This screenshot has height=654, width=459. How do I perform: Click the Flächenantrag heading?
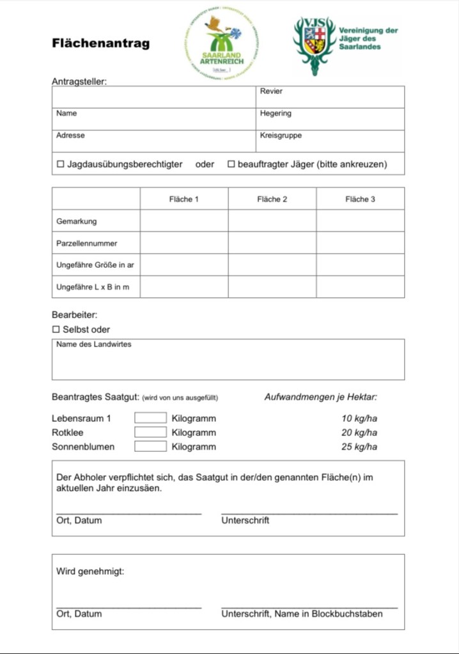point(101,43)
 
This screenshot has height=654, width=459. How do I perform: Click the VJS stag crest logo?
point(315,43)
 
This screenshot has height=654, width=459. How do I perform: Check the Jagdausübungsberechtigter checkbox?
point(61,164)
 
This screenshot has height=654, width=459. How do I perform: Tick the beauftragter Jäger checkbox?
point(231,164)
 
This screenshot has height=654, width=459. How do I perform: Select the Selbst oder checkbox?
point(56,330)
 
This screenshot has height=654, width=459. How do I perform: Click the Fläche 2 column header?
point(272,199)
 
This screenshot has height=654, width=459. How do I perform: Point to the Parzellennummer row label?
point(87,244)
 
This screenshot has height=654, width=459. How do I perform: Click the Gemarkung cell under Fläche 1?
point(184,221)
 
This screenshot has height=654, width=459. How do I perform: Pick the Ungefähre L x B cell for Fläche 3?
point(360,287)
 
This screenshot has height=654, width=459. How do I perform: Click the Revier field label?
point(271,91)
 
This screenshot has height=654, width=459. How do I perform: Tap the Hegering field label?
point(276,113)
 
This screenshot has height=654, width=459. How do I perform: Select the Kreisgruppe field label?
point(281,136)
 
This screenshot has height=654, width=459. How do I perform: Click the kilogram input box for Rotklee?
point(150,432)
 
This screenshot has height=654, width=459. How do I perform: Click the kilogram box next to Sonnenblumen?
point(150,446)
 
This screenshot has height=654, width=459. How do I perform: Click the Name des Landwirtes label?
point(94,345)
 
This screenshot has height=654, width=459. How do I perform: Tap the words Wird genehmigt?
point(90,572)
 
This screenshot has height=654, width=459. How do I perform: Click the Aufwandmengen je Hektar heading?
point(321,397)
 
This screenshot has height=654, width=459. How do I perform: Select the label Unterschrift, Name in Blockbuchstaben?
point(302,614)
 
